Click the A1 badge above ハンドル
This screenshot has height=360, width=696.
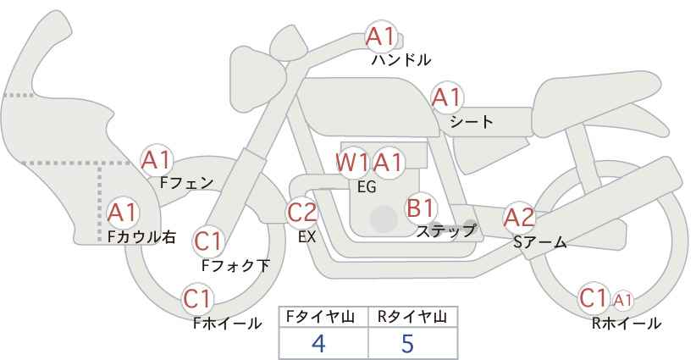(x=380, y=36)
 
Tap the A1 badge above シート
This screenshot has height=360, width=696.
(x=445, y=97)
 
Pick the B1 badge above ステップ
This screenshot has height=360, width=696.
(x=421, y=207)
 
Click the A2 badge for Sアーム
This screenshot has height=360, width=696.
(x=519, y=217)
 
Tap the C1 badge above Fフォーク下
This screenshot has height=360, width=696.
(x=207, y=241)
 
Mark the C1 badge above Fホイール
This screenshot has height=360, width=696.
(x=197, y=298)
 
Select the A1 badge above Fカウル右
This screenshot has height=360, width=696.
(x=124, y=211)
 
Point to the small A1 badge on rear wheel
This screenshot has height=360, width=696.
(x=623, y=299)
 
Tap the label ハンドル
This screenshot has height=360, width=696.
(x=401, y=60)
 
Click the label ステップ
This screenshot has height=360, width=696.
(x=446, y=230)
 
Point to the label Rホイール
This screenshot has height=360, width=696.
(x=627, y=323)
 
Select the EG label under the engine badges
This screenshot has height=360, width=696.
(x=367, y=187)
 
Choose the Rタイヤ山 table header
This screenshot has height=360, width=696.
(x=411, y=317)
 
